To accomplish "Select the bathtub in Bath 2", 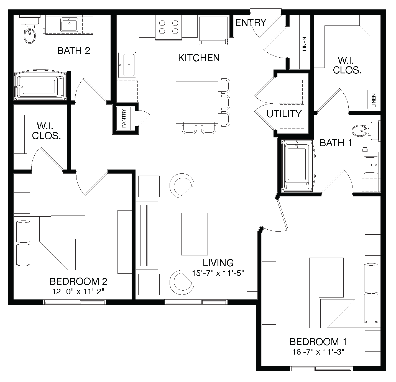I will [x=40, y=86].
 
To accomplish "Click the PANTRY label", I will [x=124, y=118].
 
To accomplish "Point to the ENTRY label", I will [x=251, y=22].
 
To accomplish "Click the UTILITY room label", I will [x=284, y=114].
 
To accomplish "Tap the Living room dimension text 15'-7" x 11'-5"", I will [x=218, y=273].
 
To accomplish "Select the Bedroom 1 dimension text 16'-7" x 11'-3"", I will [x=318, y=352].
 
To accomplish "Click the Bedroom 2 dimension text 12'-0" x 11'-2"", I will [x=78, y=291].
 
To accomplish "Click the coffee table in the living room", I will [x=194, y=234].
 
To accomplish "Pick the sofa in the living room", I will [x=150, y=235].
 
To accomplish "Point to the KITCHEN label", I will [x=199, y=58].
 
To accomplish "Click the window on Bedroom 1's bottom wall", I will [x=321, y=369].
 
